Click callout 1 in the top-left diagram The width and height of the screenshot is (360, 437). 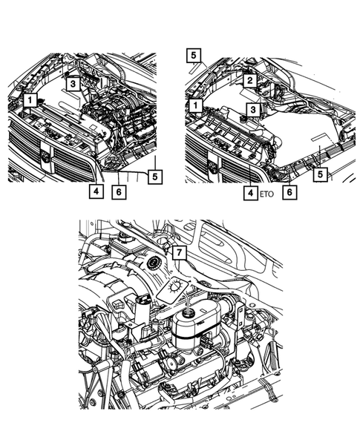click(30, 99)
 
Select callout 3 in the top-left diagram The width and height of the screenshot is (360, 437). click(73, 85)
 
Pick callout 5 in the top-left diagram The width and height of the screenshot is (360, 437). click(154, 176)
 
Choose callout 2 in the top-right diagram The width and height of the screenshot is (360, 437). click(251, 80)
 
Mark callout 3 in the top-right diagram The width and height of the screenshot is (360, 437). click(253, 109)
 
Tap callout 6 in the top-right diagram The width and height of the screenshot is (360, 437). click(289, 191)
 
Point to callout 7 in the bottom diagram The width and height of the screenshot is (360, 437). click(178, 252)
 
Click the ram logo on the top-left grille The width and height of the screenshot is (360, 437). click(47, 157)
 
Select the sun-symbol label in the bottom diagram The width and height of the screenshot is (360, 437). click(178, 286)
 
